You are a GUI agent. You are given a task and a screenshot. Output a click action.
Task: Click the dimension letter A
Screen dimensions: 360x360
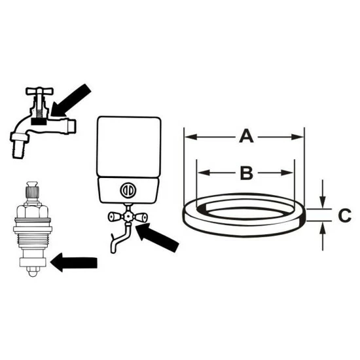pyautogui.click(x=246, y=136)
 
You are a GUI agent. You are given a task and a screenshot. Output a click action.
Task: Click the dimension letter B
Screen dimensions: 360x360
pyautogui.click(x=246, y=173)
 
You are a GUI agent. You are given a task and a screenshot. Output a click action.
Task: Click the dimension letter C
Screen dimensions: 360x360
pyautogui.click(x=345, y=215)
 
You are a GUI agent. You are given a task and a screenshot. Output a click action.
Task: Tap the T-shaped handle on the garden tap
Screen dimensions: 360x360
pyautogui.click(x=40, y=91)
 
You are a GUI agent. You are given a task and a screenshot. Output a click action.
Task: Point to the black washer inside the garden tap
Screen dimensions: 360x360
pyautogui.click(x=39, y=122)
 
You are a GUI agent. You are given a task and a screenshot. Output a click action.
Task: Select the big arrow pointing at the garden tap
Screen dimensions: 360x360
pyautogui.click(x=71, y=100)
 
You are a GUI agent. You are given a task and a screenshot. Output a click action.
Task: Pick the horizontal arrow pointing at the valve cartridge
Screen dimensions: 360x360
pyautogui.click(x=74, y=262)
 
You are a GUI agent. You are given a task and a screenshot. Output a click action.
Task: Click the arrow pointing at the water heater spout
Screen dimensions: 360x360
pyautogui.click(x=157, y=238)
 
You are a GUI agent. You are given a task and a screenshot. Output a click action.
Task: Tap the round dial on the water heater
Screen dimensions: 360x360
pyautogui.click(x=128, y=190)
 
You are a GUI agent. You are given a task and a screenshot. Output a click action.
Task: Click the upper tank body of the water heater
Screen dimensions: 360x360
pyautogui.click(x=129, y=147)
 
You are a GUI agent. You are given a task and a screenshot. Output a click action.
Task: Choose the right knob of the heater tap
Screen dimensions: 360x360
pyautogui.click(x=141, y=217)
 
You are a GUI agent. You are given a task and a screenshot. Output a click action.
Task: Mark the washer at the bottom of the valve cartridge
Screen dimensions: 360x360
pyautogui.click(x=33, y=262)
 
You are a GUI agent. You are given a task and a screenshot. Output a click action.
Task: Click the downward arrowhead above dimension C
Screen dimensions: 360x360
pyautogui.click(x=323, y=202)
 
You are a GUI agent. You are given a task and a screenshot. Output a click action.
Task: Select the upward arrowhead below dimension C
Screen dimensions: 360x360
pyautogui.click(x=323, y=228)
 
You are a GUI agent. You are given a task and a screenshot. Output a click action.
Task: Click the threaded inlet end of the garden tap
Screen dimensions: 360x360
pyautogui.click(x=72, y=126)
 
